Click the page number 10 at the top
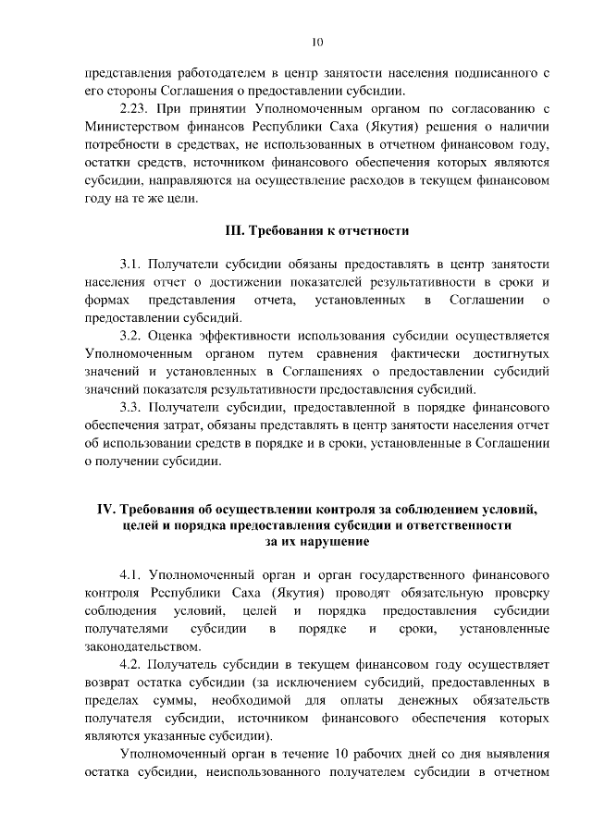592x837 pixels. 317,42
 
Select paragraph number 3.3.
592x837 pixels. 132,408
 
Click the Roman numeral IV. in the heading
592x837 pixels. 110,509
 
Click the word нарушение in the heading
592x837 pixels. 330,542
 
